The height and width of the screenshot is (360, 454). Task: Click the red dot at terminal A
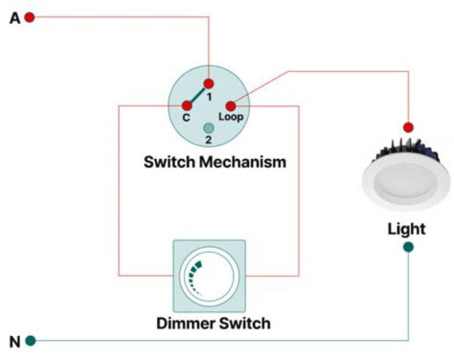point(29,18)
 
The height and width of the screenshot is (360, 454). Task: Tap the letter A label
point(14,18)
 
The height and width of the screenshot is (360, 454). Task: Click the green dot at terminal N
point(30,341)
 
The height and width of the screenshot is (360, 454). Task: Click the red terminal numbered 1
point(209,83)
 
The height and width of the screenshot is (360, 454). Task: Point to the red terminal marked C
point(187,106)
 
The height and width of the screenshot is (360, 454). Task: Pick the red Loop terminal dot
point(231,106)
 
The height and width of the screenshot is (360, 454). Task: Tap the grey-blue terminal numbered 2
point(209,127)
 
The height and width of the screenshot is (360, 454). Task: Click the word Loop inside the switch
point(231,117)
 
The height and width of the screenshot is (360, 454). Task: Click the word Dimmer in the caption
point(183,324)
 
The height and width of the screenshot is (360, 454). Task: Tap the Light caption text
point(406,228)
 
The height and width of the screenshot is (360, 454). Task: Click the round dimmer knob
point(209,276)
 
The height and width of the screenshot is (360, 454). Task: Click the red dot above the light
point(408,127)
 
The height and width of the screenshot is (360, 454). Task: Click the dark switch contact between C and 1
point(198,95)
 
